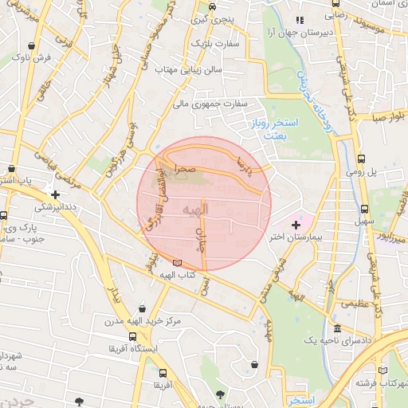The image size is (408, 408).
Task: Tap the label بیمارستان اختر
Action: point(296,237)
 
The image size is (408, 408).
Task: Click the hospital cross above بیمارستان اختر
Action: point(297,226)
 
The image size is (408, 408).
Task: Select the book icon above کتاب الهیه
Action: point(176,264)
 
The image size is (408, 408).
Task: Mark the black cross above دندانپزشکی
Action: point(54,194)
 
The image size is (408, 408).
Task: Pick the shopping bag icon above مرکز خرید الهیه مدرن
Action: point(141,309)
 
